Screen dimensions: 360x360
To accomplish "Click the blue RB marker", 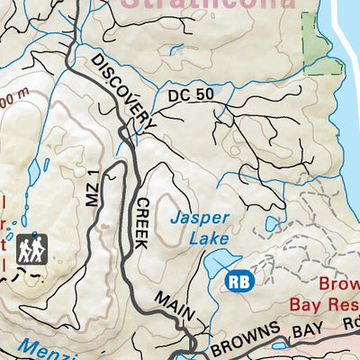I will (239, 280).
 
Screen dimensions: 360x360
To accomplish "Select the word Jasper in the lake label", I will (200, 217).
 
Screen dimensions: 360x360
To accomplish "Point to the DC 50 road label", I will (190, 94).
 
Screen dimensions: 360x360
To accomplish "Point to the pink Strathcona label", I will (207, 4).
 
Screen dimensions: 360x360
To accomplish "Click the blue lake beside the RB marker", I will (216, 265).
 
